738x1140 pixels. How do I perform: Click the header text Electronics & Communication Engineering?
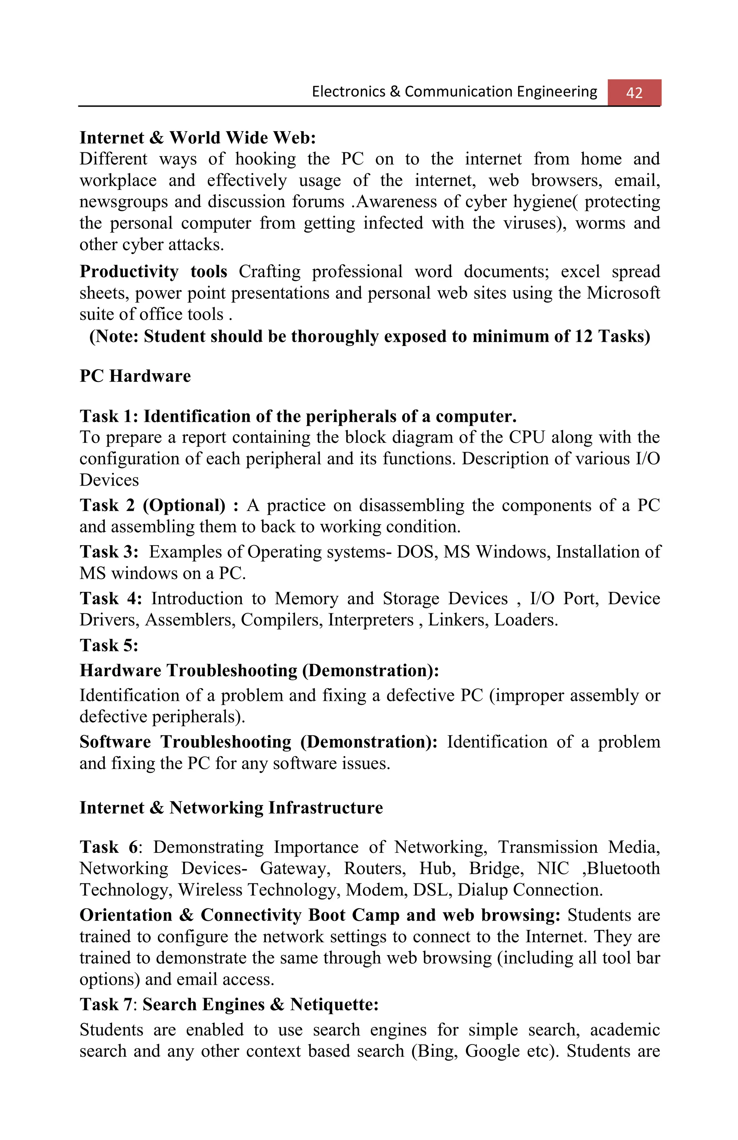454,92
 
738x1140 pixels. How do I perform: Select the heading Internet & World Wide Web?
197,138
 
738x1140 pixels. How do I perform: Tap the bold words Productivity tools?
153,272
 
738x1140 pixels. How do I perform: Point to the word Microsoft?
623,293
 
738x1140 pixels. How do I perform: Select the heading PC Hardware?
135,376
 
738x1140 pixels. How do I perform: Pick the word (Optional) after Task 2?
184,506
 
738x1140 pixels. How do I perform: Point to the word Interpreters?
370,620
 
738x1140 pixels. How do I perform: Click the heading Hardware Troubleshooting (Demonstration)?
259,671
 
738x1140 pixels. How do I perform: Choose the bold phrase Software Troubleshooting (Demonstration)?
258,742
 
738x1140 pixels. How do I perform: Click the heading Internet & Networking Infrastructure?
231,807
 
